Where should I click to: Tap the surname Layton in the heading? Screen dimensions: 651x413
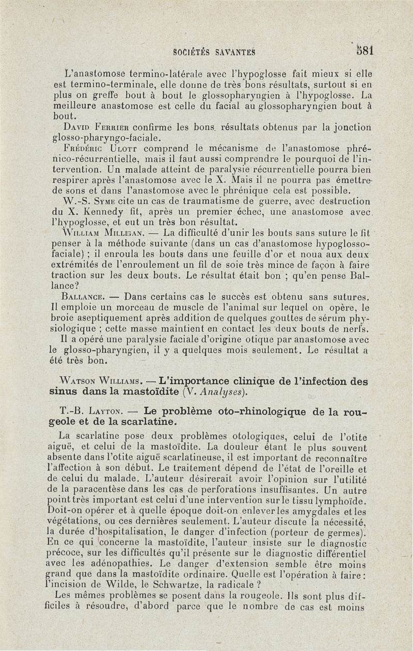pyautogui.click(x=105, y=412)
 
